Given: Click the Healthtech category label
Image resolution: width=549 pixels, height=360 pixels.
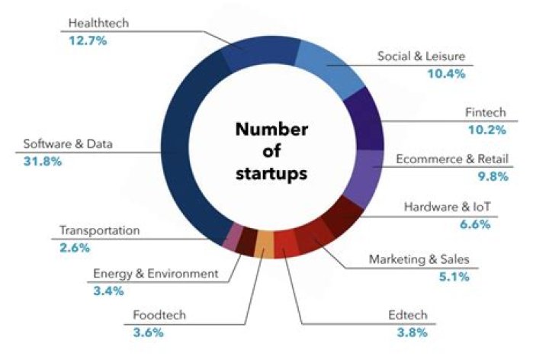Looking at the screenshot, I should point(98,24).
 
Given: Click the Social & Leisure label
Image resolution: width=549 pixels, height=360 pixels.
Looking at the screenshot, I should point(420,56).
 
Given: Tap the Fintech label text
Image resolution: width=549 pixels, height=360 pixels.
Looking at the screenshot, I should point(485,112).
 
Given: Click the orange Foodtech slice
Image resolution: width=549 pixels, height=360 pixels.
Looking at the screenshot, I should point(264,244).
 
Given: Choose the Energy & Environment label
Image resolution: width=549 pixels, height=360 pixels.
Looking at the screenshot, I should point(155,274).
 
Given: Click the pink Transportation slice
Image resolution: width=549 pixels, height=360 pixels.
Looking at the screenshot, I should point(232,237).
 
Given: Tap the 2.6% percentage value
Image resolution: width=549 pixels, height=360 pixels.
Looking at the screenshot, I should point(75,247).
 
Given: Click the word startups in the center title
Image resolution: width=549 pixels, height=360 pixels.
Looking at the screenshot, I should point(271,173).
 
